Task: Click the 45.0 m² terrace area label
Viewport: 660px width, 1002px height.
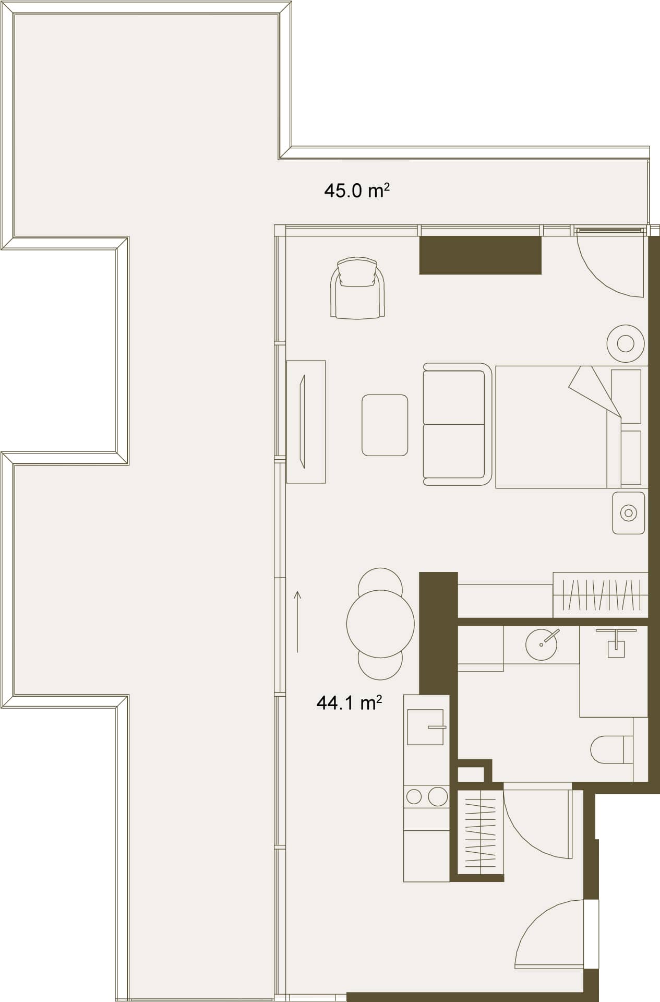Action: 356,191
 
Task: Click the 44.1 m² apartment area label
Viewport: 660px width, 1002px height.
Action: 349,703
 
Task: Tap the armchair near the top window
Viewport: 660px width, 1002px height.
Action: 357,290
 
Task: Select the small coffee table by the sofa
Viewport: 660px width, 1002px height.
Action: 385,425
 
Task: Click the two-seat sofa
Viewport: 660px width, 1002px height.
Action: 456,424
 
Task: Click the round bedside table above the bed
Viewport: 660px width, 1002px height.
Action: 626,343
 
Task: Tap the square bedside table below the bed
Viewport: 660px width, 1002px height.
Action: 628,512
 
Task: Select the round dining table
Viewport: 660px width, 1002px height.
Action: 380,624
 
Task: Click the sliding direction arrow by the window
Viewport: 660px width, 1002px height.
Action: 297,621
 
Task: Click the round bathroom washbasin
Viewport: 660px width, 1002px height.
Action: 541,645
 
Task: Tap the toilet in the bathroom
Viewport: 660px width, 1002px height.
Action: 610,750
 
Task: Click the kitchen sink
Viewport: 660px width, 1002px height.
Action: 425,727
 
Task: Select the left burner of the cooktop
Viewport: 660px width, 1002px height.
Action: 414,797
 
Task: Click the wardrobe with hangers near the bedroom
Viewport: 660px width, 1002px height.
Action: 600,595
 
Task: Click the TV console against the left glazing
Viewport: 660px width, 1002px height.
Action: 306,421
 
